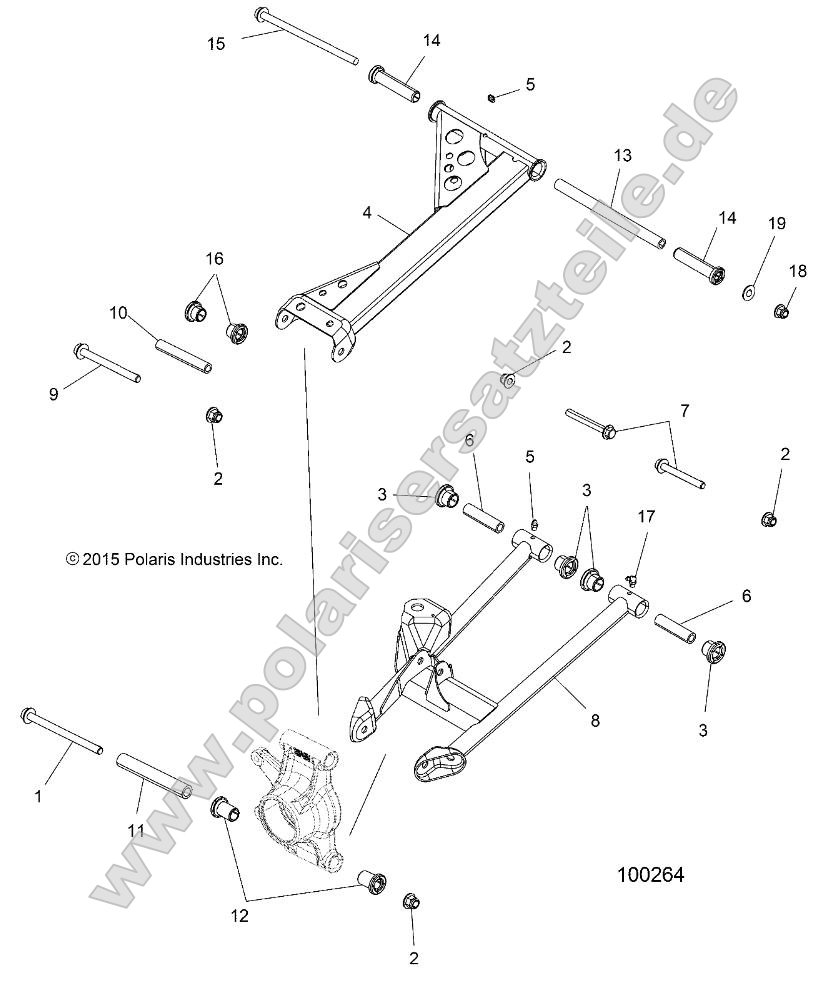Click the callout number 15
point(216,44)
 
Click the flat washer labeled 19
point(747,291)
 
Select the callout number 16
point(214,259)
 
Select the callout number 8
point(594,719)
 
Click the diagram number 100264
point(649,875)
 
